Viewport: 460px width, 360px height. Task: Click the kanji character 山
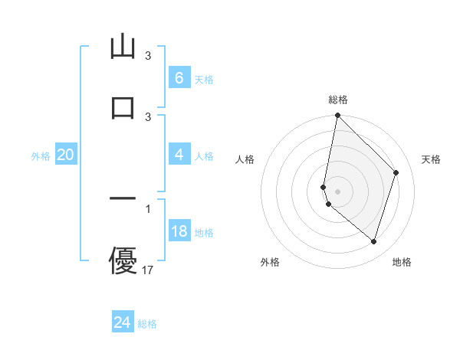(123, 47)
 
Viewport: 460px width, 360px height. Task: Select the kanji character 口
(123, 106)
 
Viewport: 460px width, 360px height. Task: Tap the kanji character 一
(123, 199)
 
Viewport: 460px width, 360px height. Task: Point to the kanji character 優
(123, 260)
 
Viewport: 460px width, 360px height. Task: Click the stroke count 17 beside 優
(148, 270)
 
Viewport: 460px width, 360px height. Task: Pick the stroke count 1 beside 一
(148, 209)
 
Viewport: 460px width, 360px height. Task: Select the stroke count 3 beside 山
(148, 56)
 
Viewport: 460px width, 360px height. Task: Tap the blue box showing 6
(179, 77)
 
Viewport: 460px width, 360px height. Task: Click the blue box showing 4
(179, 155)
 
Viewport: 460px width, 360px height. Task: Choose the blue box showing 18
(179, 231)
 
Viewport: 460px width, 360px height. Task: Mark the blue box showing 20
(65, 155)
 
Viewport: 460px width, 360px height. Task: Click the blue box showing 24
(123, 322)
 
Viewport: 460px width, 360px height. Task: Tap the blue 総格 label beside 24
(147, 324)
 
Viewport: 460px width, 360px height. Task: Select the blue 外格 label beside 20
(41, 156)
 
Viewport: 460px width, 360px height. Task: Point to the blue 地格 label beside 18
(204, 233)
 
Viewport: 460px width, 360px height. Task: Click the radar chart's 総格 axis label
(338, 100)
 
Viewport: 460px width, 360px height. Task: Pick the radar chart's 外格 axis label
(270, 262)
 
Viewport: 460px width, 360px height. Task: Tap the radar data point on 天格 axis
(396, 172)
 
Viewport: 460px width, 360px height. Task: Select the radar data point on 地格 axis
(373, 242)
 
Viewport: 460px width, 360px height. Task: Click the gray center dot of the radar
(337, 191)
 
